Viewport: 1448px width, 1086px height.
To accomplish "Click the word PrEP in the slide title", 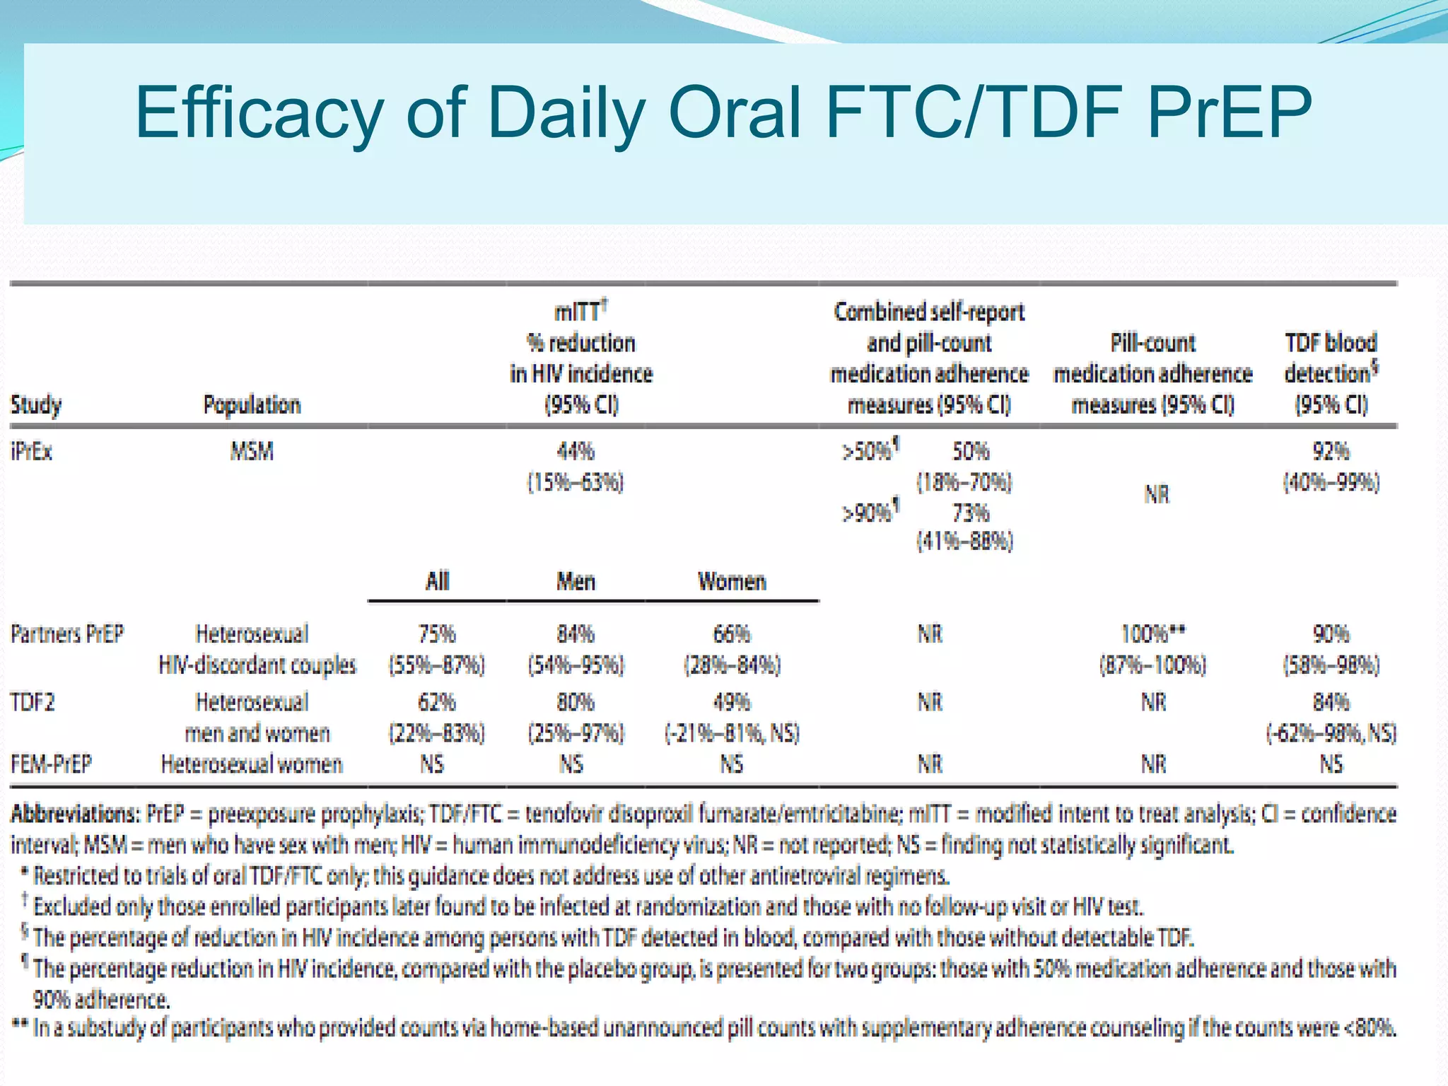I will pos(1229,112).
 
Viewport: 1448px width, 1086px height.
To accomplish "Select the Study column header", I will pos(36,405).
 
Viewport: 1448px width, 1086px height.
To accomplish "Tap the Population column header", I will pos(252,405).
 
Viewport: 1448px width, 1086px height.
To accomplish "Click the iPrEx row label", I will pos(32,451).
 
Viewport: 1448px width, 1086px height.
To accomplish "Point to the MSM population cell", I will pos(252,451).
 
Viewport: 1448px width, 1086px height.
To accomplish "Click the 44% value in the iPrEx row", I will pos(576,451).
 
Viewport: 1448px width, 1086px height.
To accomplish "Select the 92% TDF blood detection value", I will pos(1331,451).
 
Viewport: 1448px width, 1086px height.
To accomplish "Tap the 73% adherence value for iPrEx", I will pos(971,512).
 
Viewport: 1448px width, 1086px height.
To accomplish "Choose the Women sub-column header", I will pos(732,581).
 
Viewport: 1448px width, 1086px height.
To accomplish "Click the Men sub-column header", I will pos(576,581).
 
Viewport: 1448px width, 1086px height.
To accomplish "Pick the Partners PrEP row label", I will pos(67,633).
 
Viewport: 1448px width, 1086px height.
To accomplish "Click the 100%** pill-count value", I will pos(1153,633).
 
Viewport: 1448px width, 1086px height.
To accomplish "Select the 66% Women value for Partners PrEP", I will pos(732,633).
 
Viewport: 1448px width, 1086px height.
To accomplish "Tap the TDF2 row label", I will pos(33,702).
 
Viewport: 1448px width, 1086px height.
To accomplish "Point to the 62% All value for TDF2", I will pos(436,702).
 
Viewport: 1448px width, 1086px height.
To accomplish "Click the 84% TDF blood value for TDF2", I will pos(1331,702).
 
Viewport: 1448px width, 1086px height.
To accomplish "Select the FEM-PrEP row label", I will pos(51,764).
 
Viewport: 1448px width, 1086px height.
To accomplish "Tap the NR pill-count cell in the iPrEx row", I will pos(1157,494).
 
